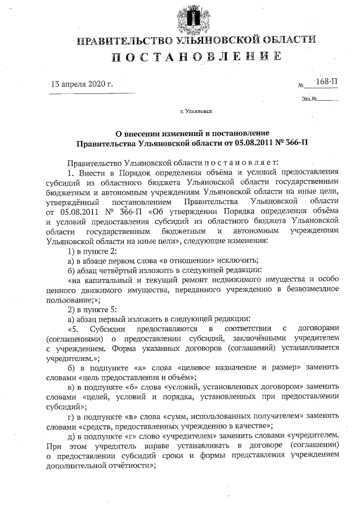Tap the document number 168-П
pyautogui.click(x=326, y=82)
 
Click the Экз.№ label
pyautogui.click(x=310, y=99)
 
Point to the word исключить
pyautogui.click(x=236, y=260)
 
